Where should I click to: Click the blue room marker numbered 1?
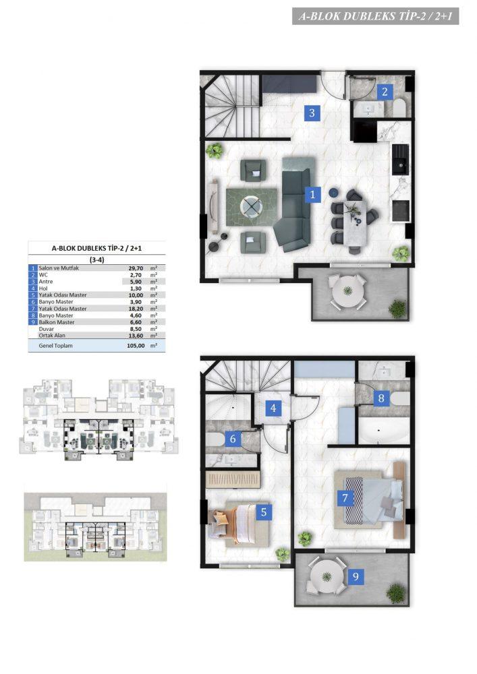tap(312, 194)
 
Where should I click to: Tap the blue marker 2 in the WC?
tap(385, 91)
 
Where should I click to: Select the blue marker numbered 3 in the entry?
tap(312, 113)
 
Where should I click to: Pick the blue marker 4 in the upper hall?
tap(273, 408)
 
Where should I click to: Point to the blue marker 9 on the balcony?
tap(356, 576)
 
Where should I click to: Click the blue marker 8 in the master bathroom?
tap(381, 398)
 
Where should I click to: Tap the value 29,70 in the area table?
tap(136, 268)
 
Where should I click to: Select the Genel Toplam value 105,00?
tap(136, 346)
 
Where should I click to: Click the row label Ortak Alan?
tap(52, 335)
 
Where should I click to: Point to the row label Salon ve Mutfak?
tap(59, 268)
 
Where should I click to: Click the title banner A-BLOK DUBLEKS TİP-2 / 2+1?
tap(376, 16)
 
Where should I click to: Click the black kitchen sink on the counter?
tap(401, 159)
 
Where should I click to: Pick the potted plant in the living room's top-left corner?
tap(213, 150)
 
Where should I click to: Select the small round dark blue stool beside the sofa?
tap(334, 192)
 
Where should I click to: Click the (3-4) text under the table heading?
tap(96, 259)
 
